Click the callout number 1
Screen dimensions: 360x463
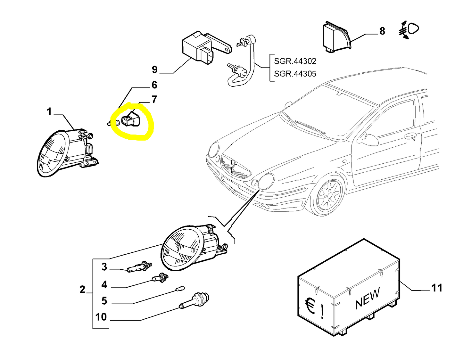pos(49,112)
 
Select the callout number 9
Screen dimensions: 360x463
pos(155,70)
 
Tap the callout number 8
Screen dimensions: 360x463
pos(382,31)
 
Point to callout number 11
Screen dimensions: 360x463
pos(437,288)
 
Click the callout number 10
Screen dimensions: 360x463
pos(101,317)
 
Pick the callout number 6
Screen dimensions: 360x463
pos(154,85)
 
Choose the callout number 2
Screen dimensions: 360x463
pos(82,290)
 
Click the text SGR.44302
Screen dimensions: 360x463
pos(295,61)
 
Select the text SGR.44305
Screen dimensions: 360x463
pos(295,74)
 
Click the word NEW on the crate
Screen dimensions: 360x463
pos(368,298)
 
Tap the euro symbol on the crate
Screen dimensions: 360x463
pos(309,306)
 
